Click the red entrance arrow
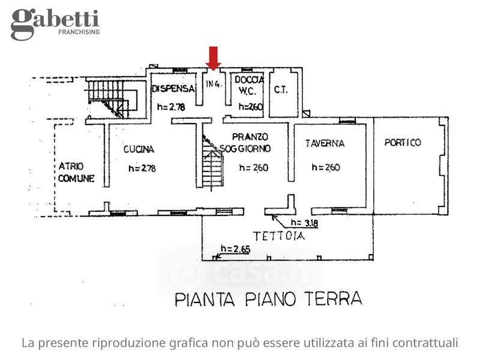tap(213, 58)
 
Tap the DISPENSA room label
tap(173, 89)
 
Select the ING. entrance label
tap(214, 83)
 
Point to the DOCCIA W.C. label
tap(248, 85)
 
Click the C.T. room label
tap(281, 89)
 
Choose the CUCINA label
tap(139, 149)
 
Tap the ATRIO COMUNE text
tap(76, 172)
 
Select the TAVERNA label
tap(325, 143)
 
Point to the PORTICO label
tap(403, 142)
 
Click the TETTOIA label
tap(279, 236)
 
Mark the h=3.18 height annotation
tap(304, 223)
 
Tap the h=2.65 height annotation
tap(235, 249)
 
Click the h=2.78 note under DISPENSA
tap(171, 107)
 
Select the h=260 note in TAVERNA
tap(326, 167)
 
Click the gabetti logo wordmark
tap(55, 22)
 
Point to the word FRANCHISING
tap(79, 32)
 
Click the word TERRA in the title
tap(333, 298)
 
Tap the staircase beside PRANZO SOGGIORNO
tap(212, 162)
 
